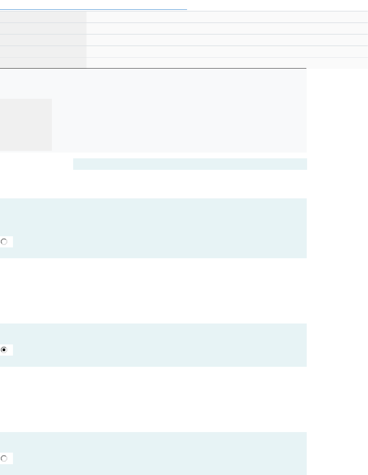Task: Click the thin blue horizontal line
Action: point(93,9)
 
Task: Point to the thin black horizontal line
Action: point(153,68)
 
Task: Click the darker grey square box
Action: point(26,124)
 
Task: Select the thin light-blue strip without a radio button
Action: point(190,164)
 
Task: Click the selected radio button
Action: point(4,350)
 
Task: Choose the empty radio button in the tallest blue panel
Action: point(4,242)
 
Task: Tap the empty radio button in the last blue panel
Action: point(4,458)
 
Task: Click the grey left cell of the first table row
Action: point(43,17)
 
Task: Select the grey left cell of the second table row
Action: point(43,28)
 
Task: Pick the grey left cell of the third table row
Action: point(43,40)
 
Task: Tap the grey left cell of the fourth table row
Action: point(43,52)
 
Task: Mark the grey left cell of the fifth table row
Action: point(43,63)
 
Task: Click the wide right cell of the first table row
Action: point(227,17)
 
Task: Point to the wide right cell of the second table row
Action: point(227,28)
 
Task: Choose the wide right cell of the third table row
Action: point(227,40)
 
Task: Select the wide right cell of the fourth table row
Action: point(227,52)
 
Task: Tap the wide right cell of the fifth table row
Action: point(227,63)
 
